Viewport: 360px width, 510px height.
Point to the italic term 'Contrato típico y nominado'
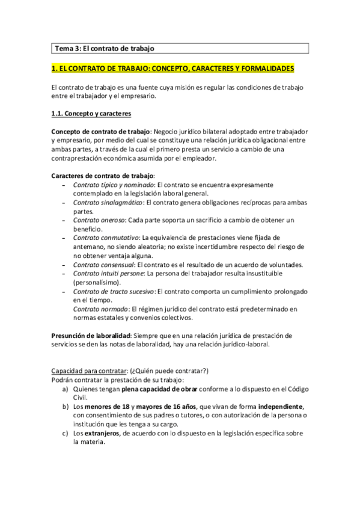pyautogui.click(x=113, y=185)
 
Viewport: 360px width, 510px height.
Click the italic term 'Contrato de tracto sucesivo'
pyautogui.click(x=113, y=292)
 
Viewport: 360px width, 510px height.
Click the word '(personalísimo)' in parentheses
pyautogui.click(x=99, y=282)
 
